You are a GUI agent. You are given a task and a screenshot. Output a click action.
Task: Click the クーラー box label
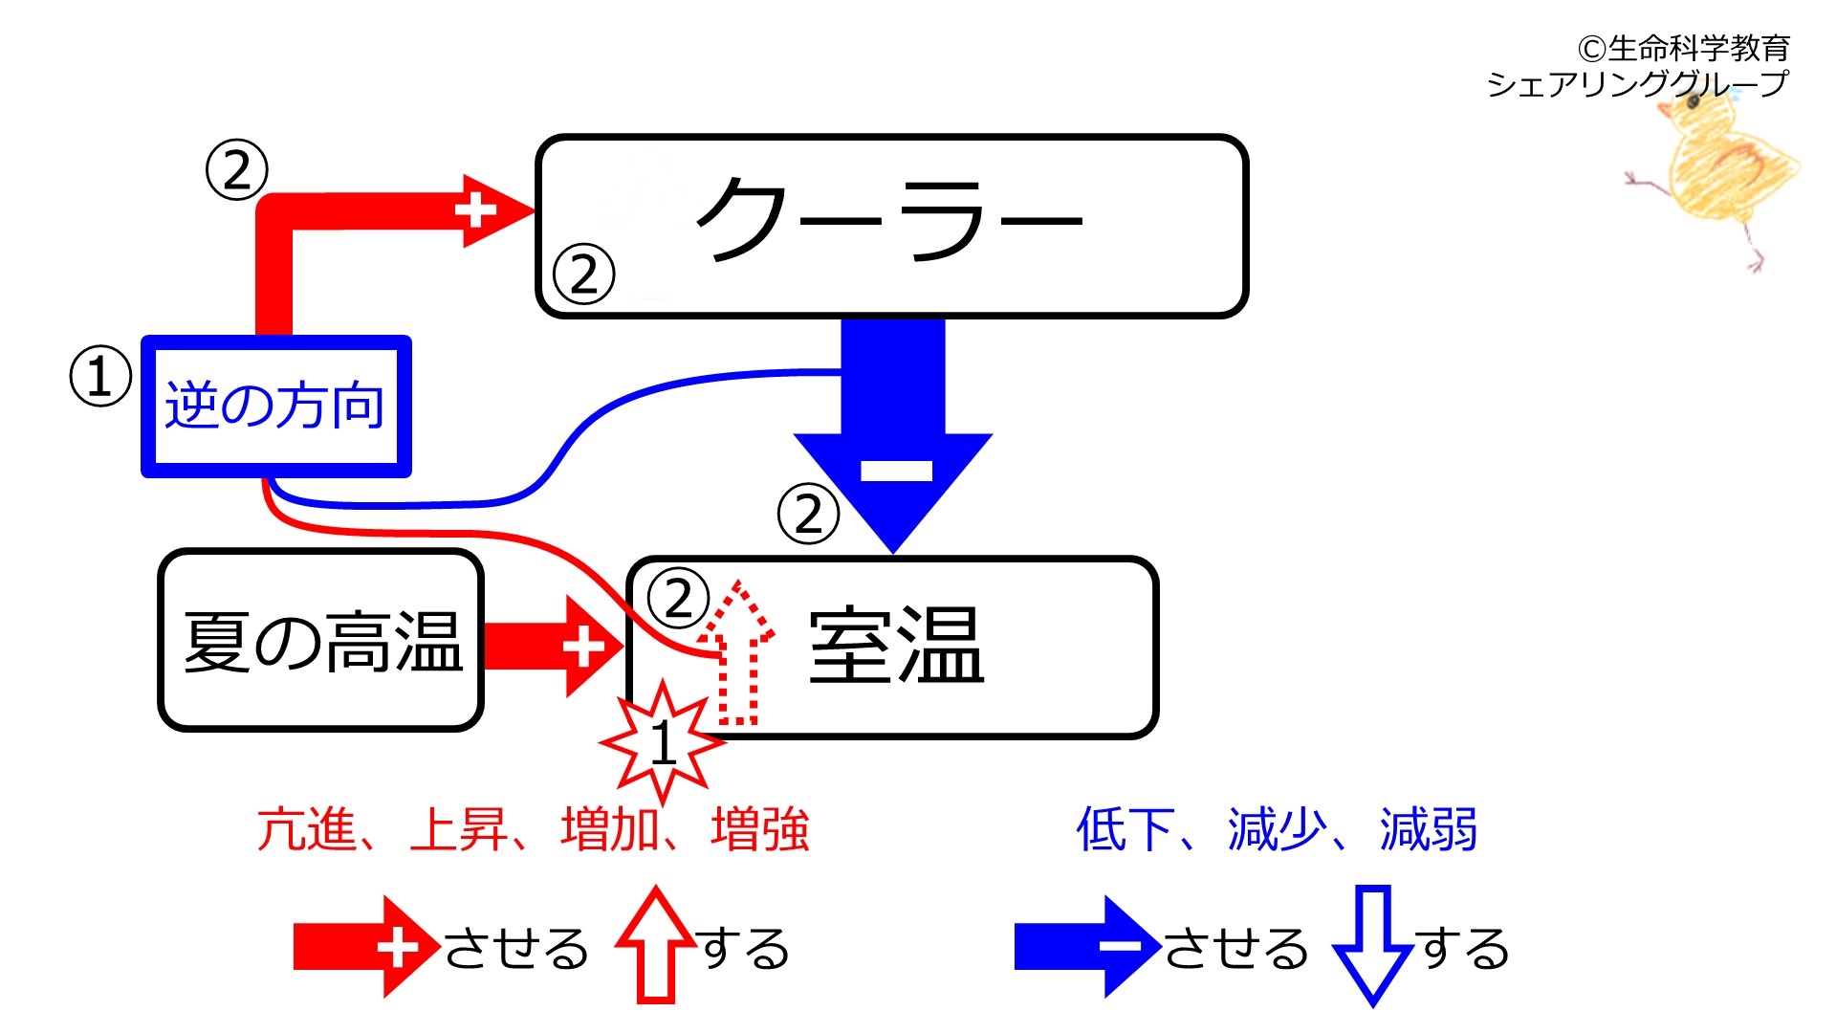(889, 220)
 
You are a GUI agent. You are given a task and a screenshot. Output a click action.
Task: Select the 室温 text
(896, 646)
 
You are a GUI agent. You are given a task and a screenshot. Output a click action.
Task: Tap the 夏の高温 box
(320, 640)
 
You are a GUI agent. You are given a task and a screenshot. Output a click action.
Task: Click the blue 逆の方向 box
(276, 406)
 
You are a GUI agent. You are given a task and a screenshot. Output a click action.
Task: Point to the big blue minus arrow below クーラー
(893, 435)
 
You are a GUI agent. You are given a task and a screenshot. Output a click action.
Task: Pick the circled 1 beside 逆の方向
(100, 377)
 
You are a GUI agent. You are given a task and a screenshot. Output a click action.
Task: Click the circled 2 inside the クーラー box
(584, 275)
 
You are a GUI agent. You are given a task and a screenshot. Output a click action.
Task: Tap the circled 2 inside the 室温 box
(678, 599)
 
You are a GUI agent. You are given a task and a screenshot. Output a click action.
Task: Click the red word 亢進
(306, 829)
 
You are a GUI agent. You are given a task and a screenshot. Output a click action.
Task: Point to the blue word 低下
(1126, 829)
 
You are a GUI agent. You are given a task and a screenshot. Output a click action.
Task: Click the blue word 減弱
(1429, 829)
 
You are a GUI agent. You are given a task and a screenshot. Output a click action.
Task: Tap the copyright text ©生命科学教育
(1684, 48)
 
